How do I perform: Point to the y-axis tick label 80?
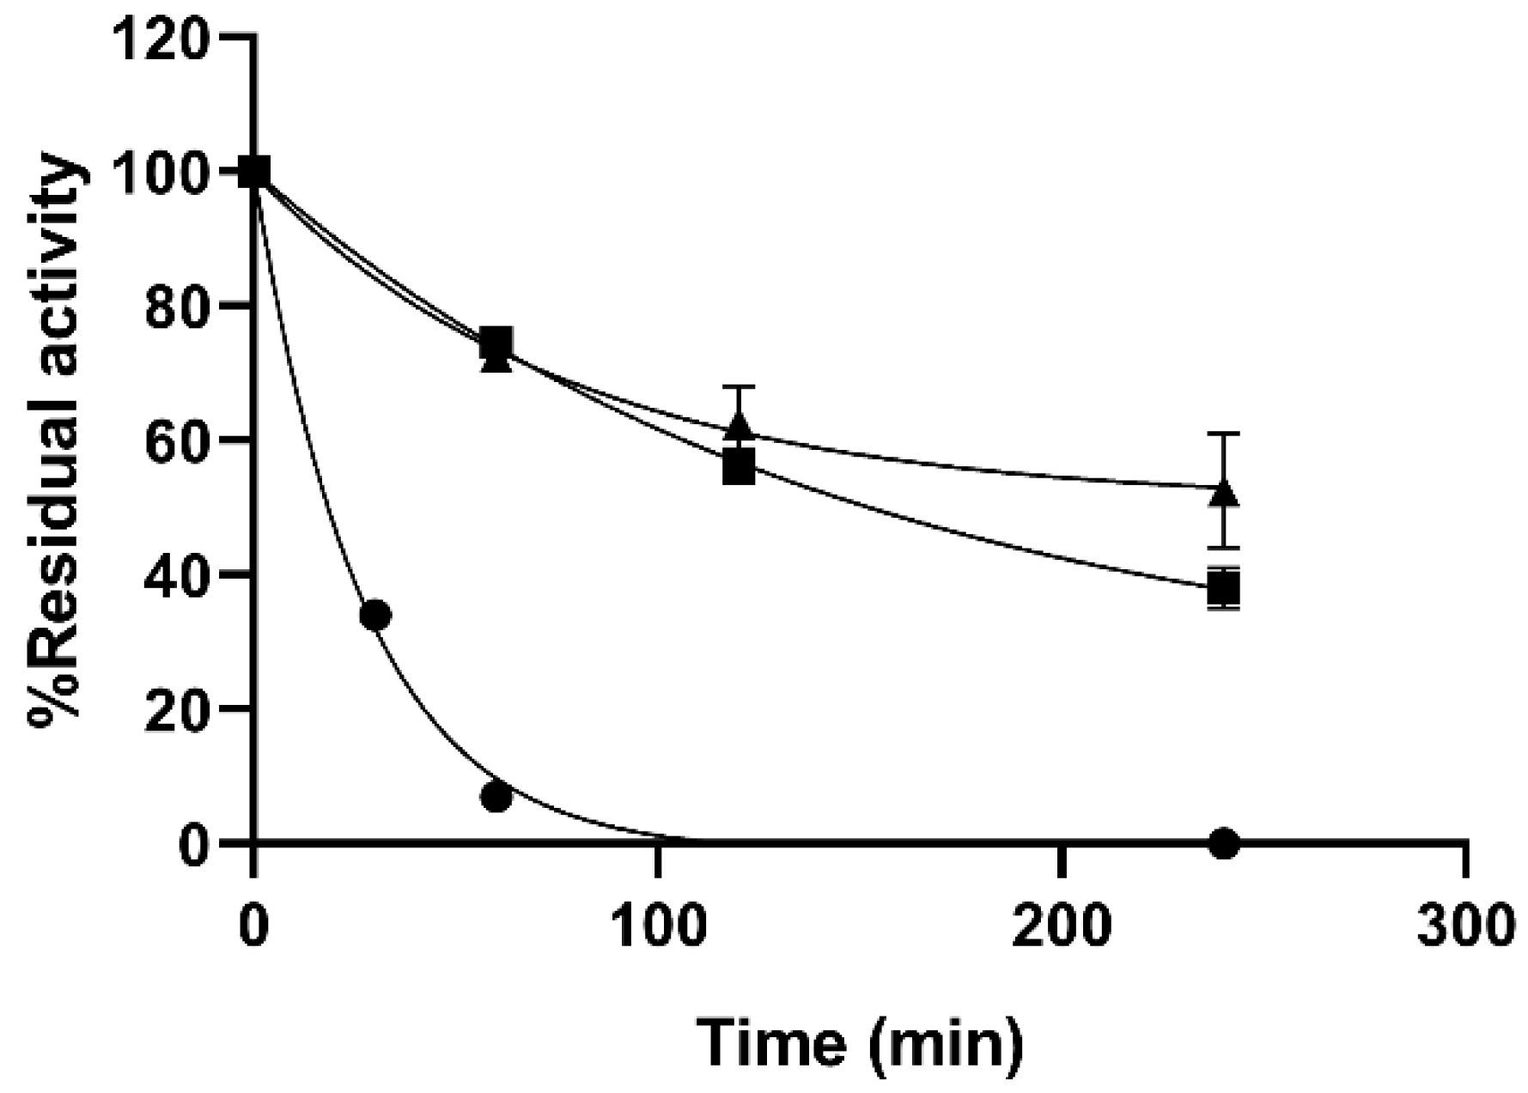point(177,306)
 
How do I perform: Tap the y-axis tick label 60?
point(177,440)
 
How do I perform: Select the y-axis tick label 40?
point(177,574)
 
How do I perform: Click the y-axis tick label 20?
point(177,707)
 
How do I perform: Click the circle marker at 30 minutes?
point(375,615)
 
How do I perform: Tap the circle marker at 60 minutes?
point(496,797)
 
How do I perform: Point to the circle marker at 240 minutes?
point(1224,843)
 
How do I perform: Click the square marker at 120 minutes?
point(739,468)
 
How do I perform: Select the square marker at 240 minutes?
point(1224,589)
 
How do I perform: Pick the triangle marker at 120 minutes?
point(740,424)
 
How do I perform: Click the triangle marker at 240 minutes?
point(1224,493)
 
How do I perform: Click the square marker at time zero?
point(254,172)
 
